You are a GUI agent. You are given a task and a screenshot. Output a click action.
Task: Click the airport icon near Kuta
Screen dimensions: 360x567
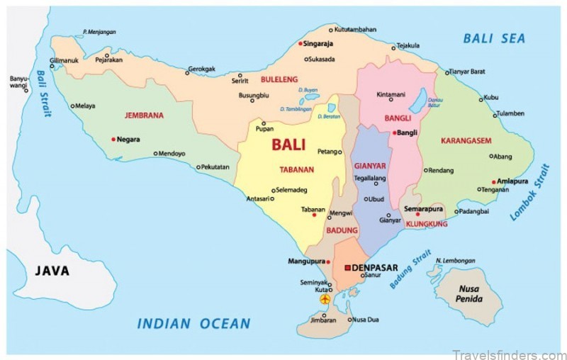click(325, 300)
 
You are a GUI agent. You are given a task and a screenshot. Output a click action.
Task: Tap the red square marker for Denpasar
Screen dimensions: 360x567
click(347, 267)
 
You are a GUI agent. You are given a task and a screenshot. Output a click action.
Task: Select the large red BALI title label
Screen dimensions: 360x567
click(288, 145)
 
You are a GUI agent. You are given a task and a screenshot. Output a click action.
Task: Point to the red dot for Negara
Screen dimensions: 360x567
click(113, 139)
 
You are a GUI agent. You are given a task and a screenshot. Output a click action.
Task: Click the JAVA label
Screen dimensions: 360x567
click(52, 270)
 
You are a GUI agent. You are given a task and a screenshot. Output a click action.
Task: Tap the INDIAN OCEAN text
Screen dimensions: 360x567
click(193, 324)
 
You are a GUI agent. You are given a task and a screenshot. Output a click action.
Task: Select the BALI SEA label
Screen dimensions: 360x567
click(494, 38)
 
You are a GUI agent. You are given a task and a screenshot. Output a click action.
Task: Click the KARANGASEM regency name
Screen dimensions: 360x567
click(466, 140)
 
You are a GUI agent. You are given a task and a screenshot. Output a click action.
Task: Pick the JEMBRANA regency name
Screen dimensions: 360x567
click(144, 115)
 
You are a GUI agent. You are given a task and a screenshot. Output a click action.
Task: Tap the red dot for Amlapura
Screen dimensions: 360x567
click(495, 181)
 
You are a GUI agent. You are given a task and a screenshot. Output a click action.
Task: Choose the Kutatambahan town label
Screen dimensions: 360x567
click(355, 29)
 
